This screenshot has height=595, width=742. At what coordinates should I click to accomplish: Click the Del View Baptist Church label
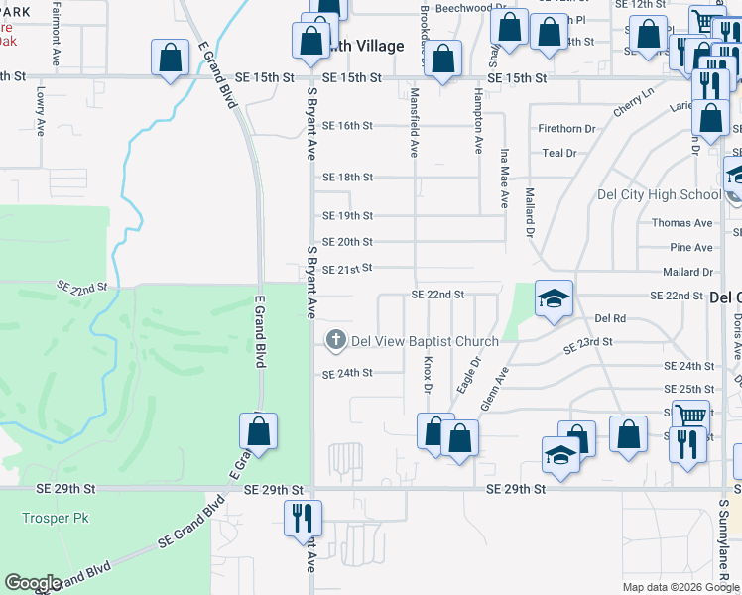coord(426,342)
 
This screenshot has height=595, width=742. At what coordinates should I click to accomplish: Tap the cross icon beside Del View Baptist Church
coord(336,341)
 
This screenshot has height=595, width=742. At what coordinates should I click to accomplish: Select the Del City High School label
coord(659,194)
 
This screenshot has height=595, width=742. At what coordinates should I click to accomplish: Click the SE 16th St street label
coord(347,126)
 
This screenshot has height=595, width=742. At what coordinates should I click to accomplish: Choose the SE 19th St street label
coord(347,216)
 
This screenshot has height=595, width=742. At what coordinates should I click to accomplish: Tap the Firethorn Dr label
coord(566,129)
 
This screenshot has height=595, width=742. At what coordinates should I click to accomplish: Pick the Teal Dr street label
coord(559,153)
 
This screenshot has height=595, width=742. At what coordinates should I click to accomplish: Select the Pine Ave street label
coord(690,247)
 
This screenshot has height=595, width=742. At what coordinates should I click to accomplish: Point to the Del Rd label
coord(610,319)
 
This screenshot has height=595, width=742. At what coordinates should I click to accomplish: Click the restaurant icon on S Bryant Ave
coord(301,518)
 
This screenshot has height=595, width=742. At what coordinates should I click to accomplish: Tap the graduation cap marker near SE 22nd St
coord(553,297)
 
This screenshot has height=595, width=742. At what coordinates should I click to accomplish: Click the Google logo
coord(34,583)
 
